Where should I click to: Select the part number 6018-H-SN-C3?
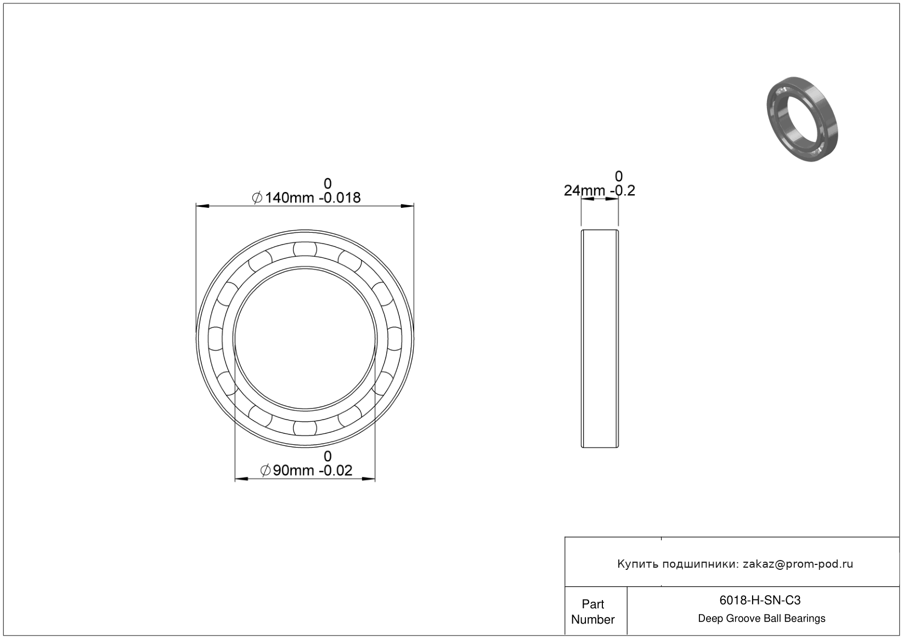(760, 600)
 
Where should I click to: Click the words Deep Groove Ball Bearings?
(761, 619)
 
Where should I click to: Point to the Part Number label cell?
(592, 612)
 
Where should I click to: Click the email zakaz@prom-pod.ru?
(798, 564)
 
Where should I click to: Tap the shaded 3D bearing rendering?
(802, 120)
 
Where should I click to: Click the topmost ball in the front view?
(305, 249)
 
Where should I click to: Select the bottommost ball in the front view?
(305, 428)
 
